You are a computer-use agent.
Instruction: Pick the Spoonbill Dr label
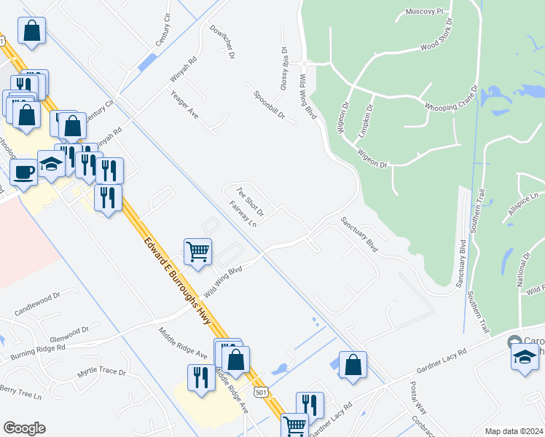click(269, 105)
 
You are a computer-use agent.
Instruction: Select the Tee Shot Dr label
click(249, 202)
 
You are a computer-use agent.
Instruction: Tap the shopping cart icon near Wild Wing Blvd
click(198, 251)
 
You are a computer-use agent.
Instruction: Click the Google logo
click(24, 428)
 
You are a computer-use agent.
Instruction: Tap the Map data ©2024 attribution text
click(514, 431)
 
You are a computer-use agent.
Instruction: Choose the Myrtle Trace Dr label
click(101, 372)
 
